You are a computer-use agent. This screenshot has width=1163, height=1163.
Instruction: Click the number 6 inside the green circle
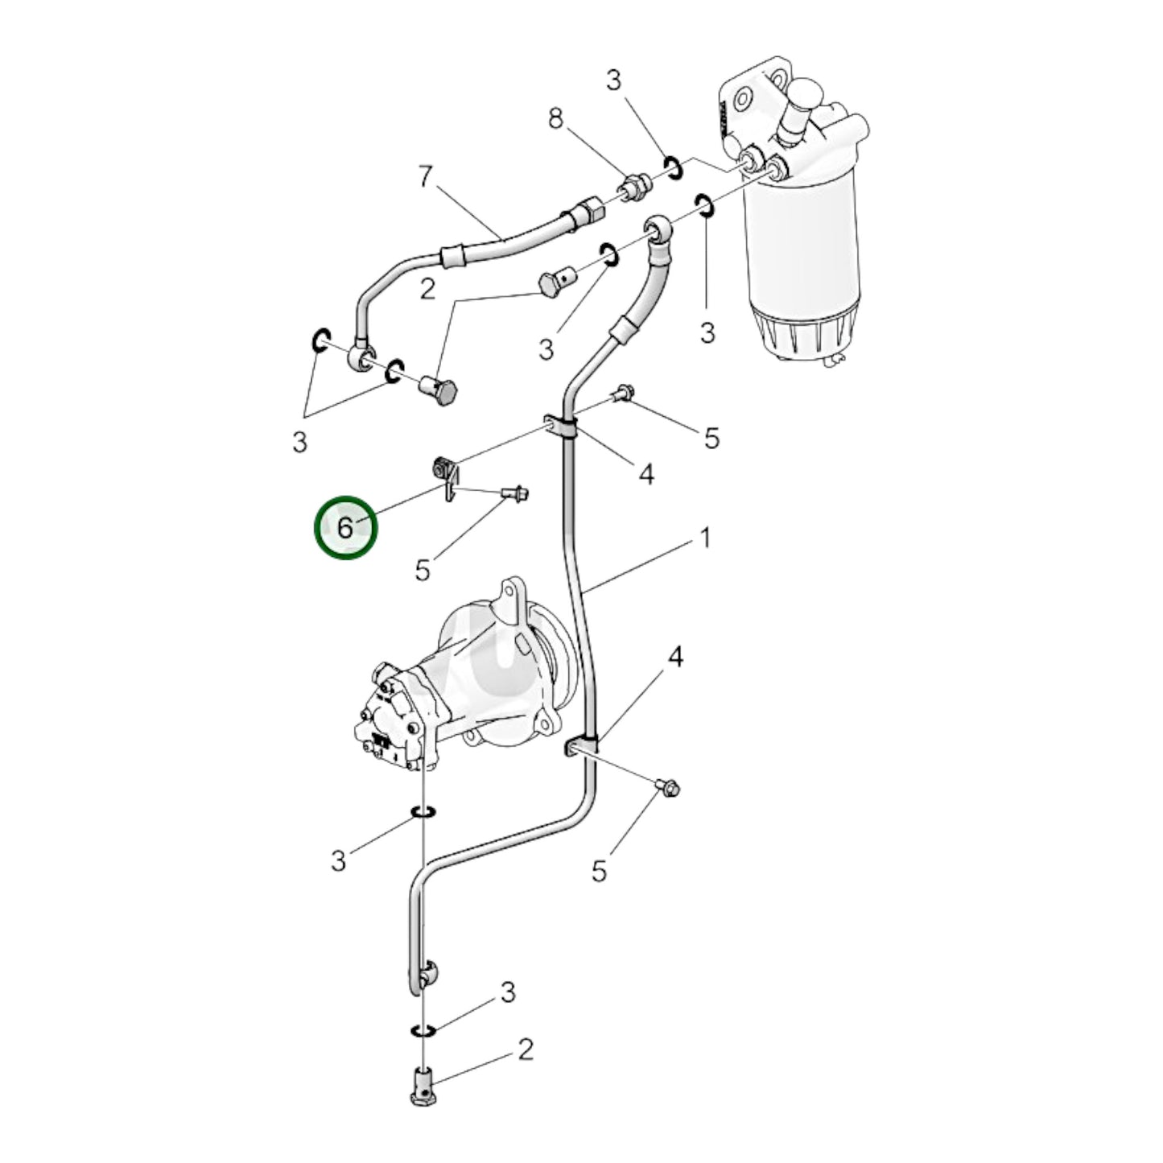[x=344, y=528]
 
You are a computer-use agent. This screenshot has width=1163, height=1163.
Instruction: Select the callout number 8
[x=555, y=119]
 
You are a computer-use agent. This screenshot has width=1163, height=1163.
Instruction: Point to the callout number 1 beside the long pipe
[x=704, y=538]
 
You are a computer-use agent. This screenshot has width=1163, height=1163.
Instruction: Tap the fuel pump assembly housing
[x=451, y=684]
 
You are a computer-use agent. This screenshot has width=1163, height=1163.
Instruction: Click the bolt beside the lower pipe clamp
[x=668, y=787]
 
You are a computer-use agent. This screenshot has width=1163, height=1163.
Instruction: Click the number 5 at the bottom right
[x=599, y=871]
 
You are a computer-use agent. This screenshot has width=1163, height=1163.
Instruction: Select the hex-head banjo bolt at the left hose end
[x=439, y=391]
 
